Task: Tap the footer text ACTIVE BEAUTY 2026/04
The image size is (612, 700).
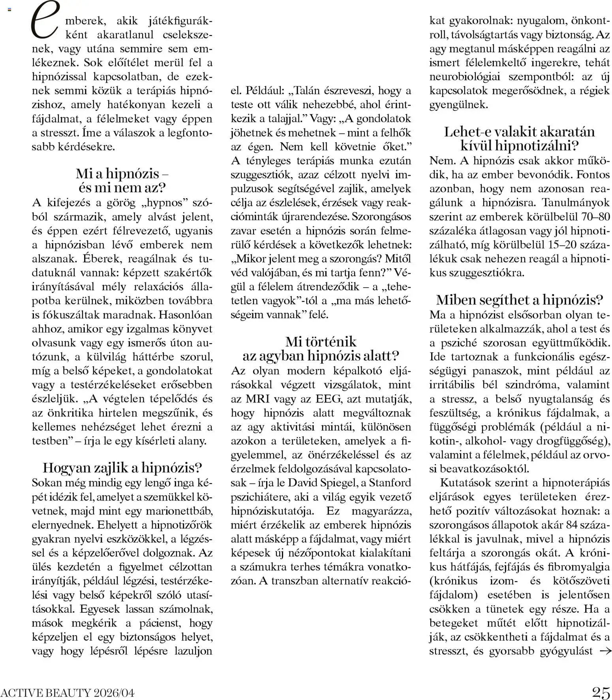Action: pos(67,693)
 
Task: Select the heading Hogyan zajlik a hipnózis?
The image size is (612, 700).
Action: pos(122,468)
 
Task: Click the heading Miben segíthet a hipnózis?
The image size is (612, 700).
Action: pos(520,300)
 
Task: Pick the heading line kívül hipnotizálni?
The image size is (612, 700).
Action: pos(520,146)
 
